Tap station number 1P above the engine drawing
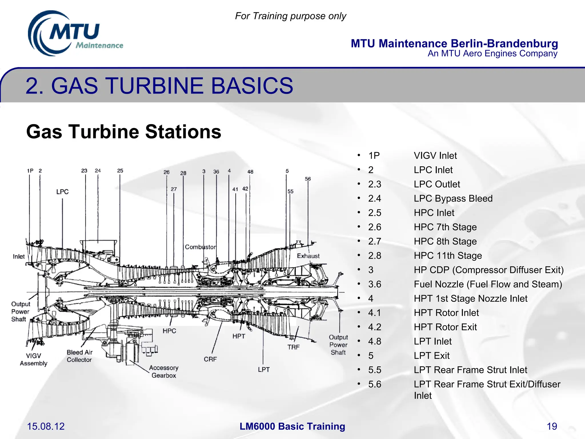pyautogui.click(x=30, y=171)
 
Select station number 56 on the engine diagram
pyautogui.click(x=308, y=179)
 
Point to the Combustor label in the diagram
pyautogui.click(x=200, y=247)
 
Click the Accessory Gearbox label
pyautogui.click(x=164, y=372)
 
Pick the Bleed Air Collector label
pyautogui.click(x=79, y=356)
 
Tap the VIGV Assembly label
pyautogui.click(x=33, y=360)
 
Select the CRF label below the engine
pyautogui.click(x=210, y=359)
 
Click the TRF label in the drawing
pyautogui.click(x=293, y=347)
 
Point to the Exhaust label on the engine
pyautogui.click(x=308, y=256)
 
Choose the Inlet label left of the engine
pyautogui.click(x=19, y=257)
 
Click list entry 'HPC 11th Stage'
pyautogui.click(x=448, y=256)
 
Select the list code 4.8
pyautogui.click(x=374, y=341)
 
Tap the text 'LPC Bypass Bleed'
pyautogui.click(x=453, y=198)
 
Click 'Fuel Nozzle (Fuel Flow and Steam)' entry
pyautogui.click(x=488, y=284)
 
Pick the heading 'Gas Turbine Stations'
pyautogui.click(x=124, y=132)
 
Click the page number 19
pyautogui.click(x=552, y=426)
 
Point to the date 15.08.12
pyautogui.click(x=46, y=426)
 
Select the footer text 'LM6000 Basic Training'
pyautogui.click(x=292, y=426)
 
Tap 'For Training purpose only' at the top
pyautogui.click(x=291, y=16)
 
